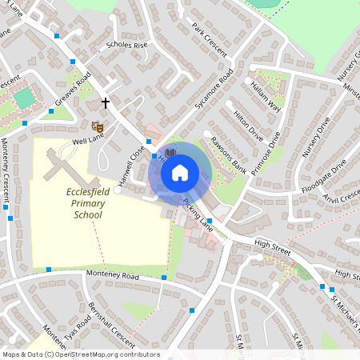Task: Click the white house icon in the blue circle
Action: coord(180,172)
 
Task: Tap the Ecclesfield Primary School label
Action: coord(88,203)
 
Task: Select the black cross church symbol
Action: coord(105,103)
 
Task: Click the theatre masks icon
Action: coord(98,126)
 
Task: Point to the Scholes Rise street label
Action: coord(127,46)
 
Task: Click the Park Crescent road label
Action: coord(210,39)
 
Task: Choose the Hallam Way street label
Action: coord(266,95)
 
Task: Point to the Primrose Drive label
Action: coord(266,153)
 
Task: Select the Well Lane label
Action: coord(89,142)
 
